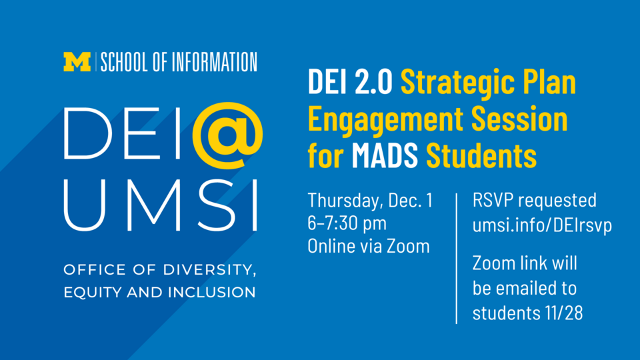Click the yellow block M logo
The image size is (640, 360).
click(77, 62)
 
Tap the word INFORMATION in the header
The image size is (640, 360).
click(214, 63)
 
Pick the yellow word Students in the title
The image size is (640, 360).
click(481, 156)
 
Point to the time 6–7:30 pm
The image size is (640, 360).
click(347, 223)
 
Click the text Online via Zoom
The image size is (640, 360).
click(368, 246)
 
